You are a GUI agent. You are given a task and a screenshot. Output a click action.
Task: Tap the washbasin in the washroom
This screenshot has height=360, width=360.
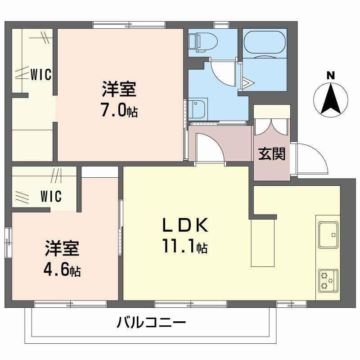[197, 108]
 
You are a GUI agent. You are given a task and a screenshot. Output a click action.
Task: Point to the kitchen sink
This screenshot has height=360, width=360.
[328, 234]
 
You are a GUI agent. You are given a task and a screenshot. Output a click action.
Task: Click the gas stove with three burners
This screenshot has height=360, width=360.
[328, 280]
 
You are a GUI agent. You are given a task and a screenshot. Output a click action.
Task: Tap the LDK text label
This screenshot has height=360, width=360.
[185, 225]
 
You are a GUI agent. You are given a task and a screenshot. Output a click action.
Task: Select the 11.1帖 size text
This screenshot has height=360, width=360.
[185, 246]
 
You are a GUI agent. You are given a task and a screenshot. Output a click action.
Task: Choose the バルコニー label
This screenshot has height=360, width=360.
[152, 323]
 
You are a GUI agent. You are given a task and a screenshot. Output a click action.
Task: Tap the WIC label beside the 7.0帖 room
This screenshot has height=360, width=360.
[41, 74]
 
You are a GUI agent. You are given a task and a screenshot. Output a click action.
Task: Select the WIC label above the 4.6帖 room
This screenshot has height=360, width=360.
[51, 196]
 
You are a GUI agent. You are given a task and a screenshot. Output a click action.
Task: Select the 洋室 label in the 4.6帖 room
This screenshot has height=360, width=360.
[62, 249]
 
